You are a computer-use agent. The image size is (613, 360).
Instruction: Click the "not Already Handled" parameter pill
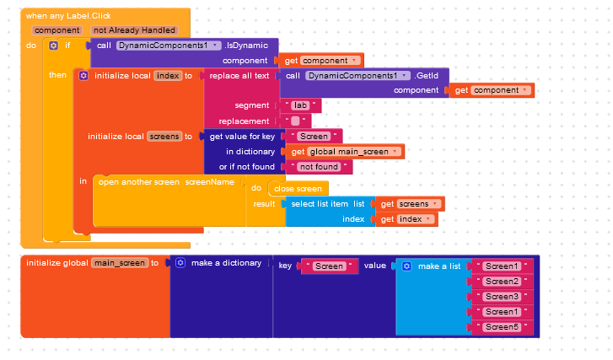click(x=134, y=30)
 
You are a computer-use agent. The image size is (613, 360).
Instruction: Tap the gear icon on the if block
click(x=53, y=46)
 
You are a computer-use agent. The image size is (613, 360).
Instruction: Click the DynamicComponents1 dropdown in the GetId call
click(x=358, y=75)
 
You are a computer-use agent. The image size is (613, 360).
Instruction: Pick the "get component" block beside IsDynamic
click(x=321, y=61)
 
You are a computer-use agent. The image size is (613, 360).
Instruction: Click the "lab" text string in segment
click(x=300, y=105)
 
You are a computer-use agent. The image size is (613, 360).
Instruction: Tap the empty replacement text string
click(x=295, y=121)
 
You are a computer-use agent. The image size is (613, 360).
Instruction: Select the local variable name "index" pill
click(x=168, y=75)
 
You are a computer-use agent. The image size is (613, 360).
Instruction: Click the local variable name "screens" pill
click(x=164, y=137)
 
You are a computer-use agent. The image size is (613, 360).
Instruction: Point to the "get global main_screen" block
click(x=345, y=152)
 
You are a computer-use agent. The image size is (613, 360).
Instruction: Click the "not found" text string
click(x=319, y=167)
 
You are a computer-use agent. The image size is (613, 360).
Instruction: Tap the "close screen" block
click(x=298, y=189)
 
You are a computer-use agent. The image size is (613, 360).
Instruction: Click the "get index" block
click(x=406, y=219)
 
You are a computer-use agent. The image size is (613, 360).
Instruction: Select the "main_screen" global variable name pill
click(x=120, y=263)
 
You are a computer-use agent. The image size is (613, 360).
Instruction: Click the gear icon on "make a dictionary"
click(x=180, y=263)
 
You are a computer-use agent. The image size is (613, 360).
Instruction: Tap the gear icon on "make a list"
click(x=406, y=266)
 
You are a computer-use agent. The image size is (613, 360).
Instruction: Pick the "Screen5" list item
click(x=502, y=327)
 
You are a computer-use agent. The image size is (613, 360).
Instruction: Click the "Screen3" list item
click(x=502, y=296)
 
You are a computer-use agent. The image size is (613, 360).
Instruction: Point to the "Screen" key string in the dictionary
click(x=329, y=266)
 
